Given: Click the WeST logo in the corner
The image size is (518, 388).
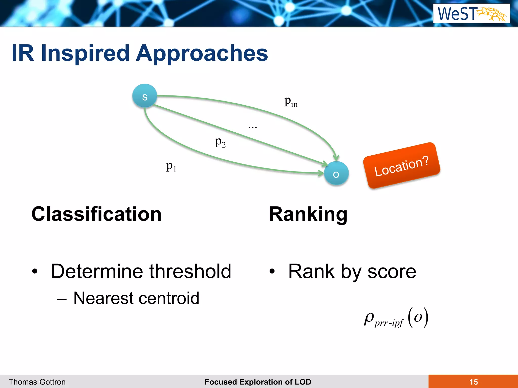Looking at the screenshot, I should tap(471, 13).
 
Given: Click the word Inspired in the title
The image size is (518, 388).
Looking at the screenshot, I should tap(85, 53).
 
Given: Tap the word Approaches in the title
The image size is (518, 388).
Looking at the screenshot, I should tap(202, 53).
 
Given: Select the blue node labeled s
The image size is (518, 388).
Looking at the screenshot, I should tap(145, 96).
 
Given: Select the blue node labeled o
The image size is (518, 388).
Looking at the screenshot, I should tap(336, 174).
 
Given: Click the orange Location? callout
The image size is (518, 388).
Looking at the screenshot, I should tap(401, 166).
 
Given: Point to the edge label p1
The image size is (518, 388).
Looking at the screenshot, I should tap(171, 167).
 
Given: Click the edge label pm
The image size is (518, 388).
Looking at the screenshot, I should tap(291, 102).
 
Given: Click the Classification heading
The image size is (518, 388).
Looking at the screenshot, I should tap(96, 214).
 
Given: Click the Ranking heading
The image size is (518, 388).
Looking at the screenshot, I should tap(308, 214).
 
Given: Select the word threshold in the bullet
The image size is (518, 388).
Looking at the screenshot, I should tap(190, 271).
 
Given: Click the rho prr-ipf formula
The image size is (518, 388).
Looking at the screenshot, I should tap(396, 318).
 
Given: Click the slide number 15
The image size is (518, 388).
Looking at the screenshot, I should tap(473, 382).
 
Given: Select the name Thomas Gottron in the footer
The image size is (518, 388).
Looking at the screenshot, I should tap(37, 382).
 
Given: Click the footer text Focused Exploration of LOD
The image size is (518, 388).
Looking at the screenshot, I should tap(258, 382).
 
